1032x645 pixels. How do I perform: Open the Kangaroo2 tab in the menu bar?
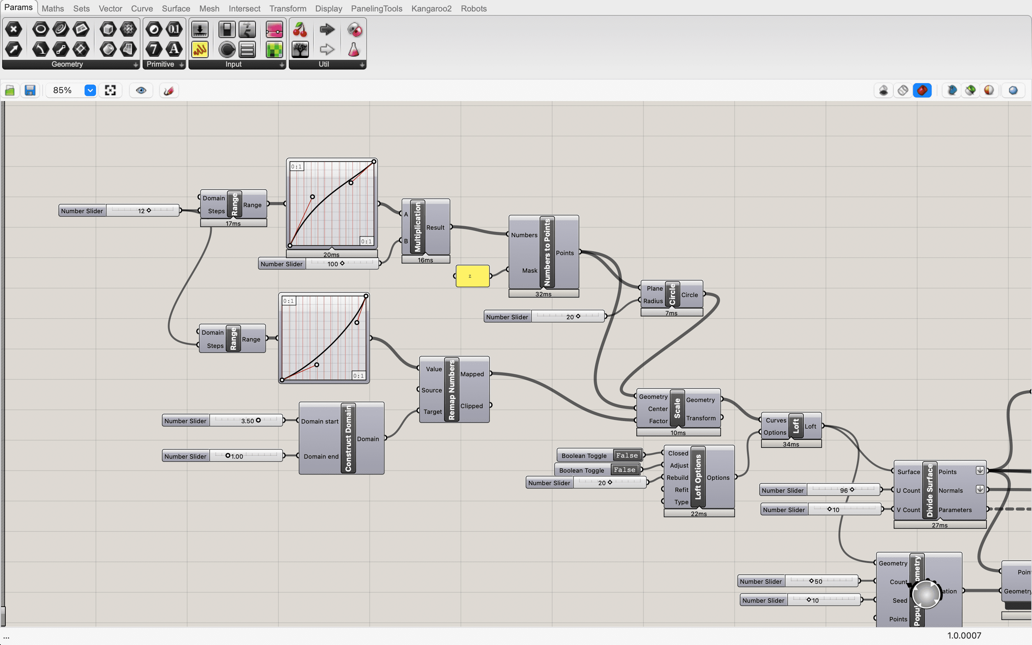coord(431,9)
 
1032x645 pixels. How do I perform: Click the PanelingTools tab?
coord(376,9)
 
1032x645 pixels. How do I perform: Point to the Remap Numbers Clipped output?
coord(472,406)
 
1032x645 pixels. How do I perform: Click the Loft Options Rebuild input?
coord(677,478)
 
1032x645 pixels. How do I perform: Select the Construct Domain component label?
coord(348,438)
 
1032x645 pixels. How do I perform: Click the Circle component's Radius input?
coord(653,301)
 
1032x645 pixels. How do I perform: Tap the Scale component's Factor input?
coord(658,421)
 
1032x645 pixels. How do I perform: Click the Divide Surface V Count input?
coord(908,510)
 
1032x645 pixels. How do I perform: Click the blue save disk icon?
coord(30,90)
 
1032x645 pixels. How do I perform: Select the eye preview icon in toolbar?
coord(141,90)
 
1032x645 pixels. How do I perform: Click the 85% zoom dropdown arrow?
coord(90,90)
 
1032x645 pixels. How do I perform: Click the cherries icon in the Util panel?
coord(300,29)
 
